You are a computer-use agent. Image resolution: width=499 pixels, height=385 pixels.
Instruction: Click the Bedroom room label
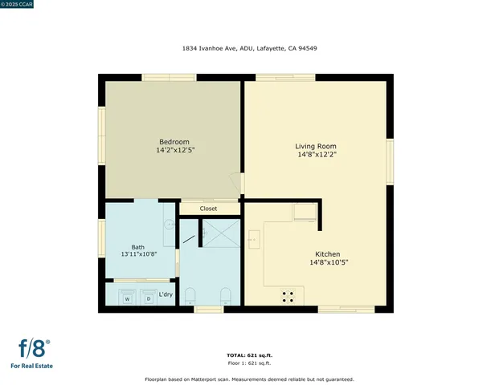tap(174, 141)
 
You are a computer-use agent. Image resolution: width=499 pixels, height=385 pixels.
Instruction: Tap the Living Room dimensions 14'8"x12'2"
tap(315, 155)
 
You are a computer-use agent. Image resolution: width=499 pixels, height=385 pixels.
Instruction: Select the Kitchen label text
tap(316, 253)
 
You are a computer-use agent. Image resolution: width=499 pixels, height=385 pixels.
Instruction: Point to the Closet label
tap(209, 209)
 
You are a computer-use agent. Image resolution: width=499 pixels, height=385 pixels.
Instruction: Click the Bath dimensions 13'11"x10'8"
tap(138, 254)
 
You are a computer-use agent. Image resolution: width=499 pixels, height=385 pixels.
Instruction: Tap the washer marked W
tap(127, 298)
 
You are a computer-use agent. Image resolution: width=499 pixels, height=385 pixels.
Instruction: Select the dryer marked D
tap(149, 298)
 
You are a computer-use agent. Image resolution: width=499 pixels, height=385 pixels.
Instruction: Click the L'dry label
tap(166, 294)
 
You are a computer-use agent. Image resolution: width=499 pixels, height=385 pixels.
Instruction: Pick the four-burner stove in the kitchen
tap(287, 296)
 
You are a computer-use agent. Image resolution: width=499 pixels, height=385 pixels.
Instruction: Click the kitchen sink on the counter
tap(253, 238)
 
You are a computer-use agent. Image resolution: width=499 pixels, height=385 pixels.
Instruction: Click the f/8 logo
tap(35, 349)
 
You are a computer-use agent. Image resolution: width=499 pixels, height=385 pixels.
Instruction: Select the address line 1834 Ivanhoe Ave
tap(248, 48)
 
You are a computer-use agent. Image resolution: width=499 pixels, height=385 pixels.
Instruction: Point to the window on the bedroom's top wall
tap(169, 78)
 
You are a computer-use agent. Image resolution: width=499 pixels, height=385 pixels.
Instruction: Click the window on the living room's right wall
tap(390, 160)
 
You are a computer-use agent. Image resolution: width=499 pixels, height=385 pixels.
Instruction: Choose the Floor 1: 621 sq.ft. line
tap(248, 363)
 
